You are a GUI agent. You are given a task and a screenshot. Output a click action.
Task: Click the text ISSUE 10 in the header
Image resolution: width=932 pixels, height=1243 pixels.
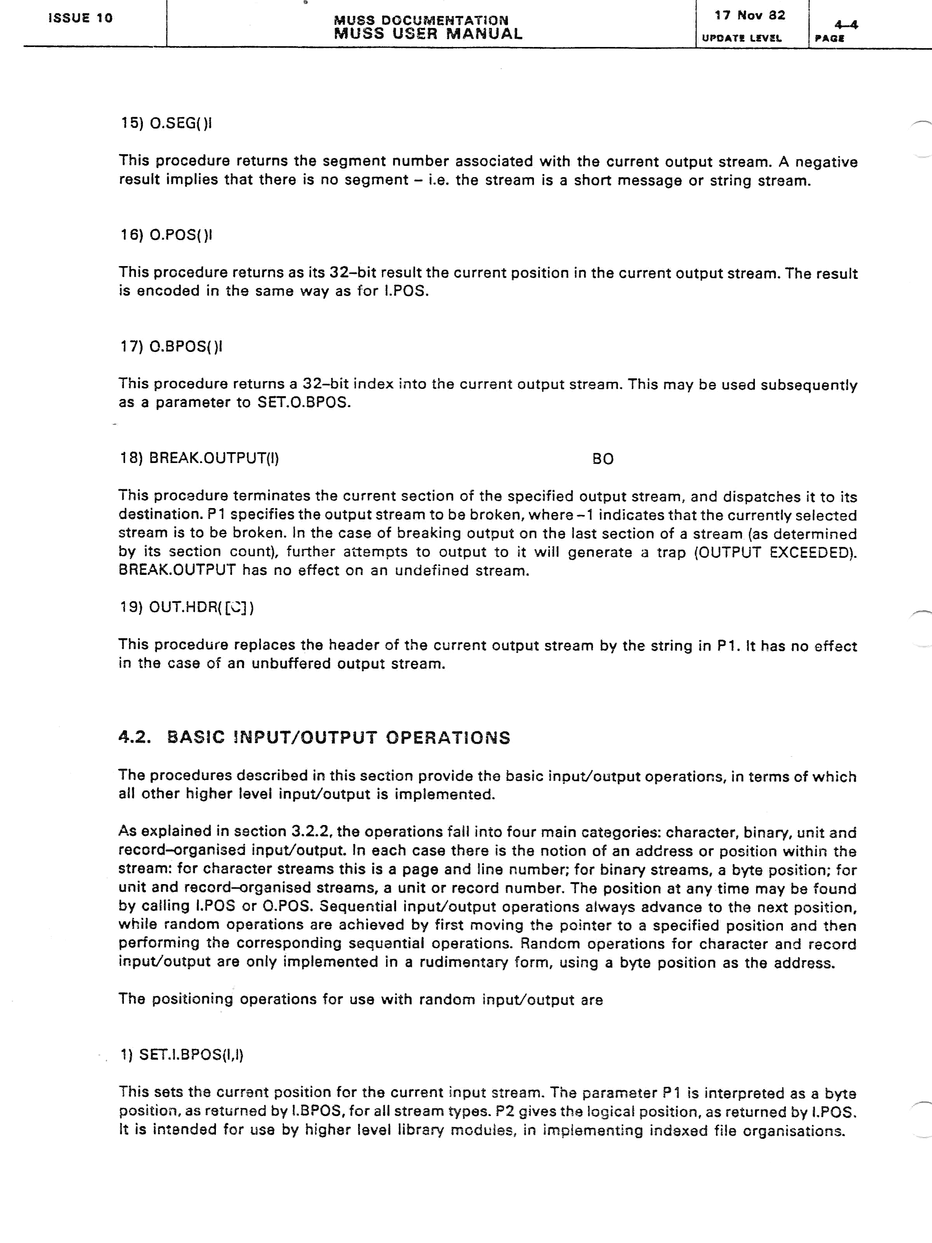(80, 18)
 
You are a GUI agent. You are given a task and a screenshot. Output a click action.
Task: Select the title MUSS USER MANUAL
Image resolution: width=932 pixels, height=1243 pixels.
(428, 34)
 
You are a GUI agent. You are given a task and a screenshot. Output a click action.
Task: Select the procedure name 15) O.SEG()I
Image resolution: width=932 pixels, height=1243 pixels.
(166, 123)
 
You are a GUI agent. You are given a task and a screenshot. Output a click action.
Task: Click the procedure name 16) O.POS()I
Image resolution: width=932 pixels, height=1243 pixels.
(166, 235)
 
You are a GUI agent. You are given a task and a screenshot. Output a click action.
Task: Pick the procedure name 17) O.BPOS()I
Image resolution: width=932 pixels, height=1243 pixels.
(171, 347)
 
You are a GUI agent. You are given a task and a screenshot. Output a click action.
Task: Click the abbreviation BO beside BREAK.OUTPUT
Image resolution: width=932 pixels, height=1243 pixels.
(603, 459)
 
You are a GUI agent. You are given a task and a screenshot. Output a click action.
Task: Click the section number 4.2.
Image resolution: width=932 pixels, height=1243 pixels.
(135, 737)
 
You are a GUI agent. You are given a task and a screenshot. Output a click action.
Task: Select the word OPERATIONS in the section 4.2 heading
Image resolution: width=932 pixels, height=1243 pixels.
(448, 737)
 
